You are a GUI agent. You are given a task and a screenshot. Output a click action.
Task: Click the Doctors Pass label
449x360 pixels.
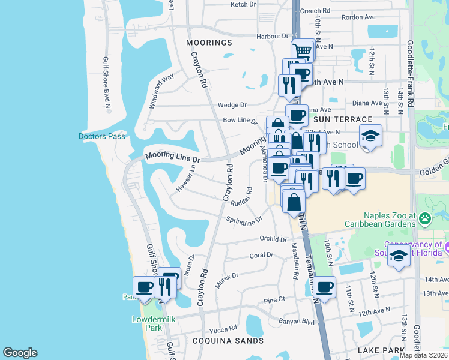coord(102,136)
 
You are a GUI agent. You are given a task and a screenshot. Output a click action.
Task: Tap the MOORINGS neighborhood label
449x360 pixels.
coord(209,43)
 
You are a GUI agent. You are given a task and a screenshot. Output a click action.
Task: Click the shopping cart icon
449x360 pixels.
coord(303,52)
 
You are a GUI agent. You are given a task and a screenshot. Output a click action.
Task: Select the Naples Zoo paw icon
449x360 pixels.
coord(426,218)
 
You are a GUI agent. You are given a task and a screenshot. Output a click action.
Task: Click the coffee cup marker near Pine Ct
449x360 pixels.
coord(324,287)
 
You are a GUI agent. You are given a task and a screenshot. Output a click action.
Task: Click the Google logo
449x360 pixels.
coord(20,353)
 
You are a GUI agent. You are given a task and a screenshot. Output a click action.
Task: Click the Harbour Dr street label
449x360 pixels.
coord(273,36)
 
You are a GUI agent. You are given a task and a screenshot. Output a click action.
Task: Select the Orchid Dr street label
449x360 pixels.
coord(273,239)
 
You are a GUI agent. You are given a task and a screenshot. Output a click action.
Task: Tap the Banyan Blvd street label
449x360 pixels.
coord(297,322)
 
